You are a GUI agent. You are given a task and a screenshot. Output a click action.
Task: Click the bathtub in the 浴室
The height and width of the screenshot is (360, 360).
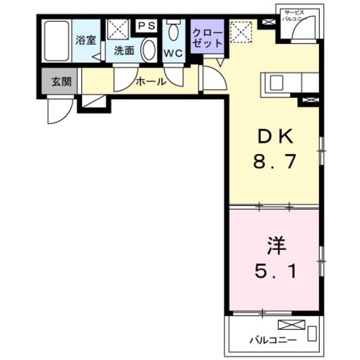coord(57,41)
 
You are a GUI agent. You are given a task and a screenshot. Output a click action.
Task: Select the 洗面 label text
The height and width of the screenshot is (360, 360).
coord(124,51)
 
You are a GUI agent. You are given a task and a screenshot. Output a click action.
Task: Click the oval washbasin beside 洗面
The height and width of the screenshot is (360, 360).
coord(148,51)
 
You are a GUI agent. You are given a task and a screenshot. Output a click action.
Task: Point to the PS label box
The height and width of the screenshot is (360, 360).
coord(147,26)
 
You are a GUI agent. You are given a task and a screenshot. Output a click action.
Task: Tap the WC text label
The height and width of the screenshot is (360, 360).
coord(173,53)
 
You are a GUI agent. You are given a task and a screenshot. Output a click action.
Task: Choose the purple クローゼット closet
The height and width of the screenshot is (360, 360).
coord(207,37)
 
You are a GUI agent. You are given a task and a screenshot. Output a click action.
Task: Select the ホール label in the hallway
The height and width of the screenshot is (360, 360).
coord(151,82)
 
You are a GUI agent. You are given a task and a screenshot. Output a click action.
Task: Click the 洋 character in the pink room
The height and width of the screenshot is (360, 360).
coord(276,247)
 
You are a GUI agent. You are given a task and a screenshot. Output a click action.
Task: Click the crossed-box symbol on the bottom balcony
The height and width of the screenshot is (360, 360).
coord(292,325)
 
